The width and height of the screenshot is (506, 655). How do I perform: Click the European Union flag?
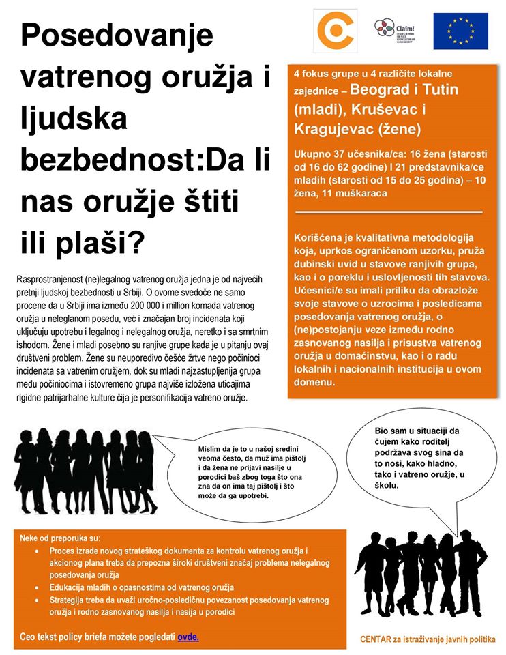pos(460,31)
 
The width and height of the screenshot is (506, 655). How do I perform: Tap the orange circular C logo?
pos(334,31)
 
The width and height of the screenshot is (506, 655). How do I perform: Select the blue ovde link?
pos(188,637)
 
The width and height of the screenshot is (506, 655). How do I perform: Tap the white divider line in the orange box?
pos(389,212)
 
